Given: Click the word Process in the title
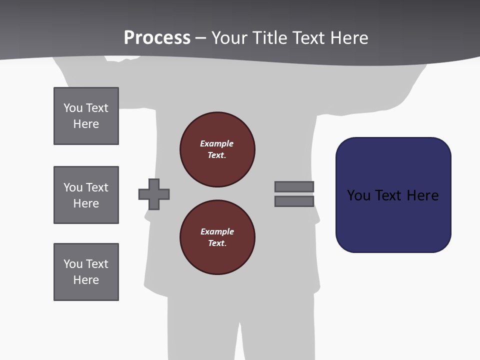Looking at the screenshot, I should coord(157,38).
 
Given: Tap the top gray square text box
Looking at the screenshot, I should coord(86,116).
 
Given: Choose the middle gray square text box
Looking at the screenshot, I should coord(86,195).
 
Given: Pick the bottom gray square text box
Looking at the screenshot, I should coord(86,272).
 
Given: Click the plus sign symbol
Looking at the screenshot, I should coord(154,194).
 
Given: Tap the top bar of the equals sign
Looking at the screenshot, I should coord(294,187).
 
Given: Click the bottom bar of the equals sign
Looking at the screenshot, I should coord(294,201).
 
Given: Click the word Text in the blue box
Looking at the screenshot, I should coord(389,195).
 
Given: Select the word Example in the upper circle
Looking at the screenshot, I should coord(216,143).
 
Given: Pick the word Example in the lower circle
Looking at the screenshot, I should coord(217,231).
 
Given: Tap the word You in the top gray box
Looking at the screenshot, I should coord(73,108).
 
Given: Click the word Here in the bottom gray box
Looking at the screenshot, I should coord(86,280).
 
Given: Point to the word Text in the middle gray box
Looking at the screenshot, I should coord(97,187).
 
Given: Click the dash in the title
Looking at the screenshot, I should coord(200,38).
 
